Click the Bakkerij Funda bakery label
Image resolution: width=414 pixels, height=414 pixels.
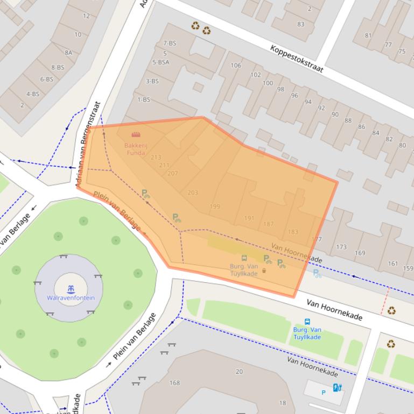tap(135, 149)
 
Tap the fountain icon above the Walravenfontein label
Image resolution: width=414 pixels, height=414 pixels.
tap(71, 289)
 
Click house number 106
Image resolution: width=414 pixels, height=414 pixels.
tap(236, 66)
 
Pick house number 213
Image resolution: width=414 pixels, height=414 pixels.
tap(156, 158)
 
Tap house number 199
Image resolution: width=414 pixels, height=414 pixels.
tap(215, 206)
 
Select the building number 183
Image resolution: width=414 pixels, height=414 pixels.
tap(293, 232)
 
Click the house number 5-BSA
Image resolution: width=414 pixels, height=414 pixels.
tap(160, 62)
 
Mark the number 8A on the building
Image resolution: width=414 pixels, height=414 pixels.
tap(68, 53)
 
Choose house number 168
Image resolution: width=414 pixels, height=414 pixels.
tap(174, 383)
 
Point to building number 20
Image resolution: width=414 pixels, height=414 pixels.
tap(239, 371)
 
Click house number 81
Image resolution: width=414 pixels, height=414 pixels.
tap(368, 36)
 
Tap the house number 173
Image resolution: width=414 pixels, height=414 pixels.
tap(341, 247)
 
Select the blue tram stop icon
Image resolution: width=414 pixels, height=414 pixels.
tap(307, 322)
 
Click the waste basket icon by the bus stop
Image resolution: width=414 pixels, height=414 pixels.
tap(264, 270)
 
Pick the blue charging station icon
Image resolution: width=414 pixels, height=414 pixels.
tap(337, 387)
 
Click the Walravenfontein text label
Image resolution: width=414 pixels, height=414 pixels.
tap(71, 298)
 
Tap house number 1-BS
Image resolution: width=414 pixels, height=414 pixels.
tap(144, 99)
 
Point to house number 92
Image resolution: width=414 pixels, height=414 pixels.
tap(321, 108)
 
